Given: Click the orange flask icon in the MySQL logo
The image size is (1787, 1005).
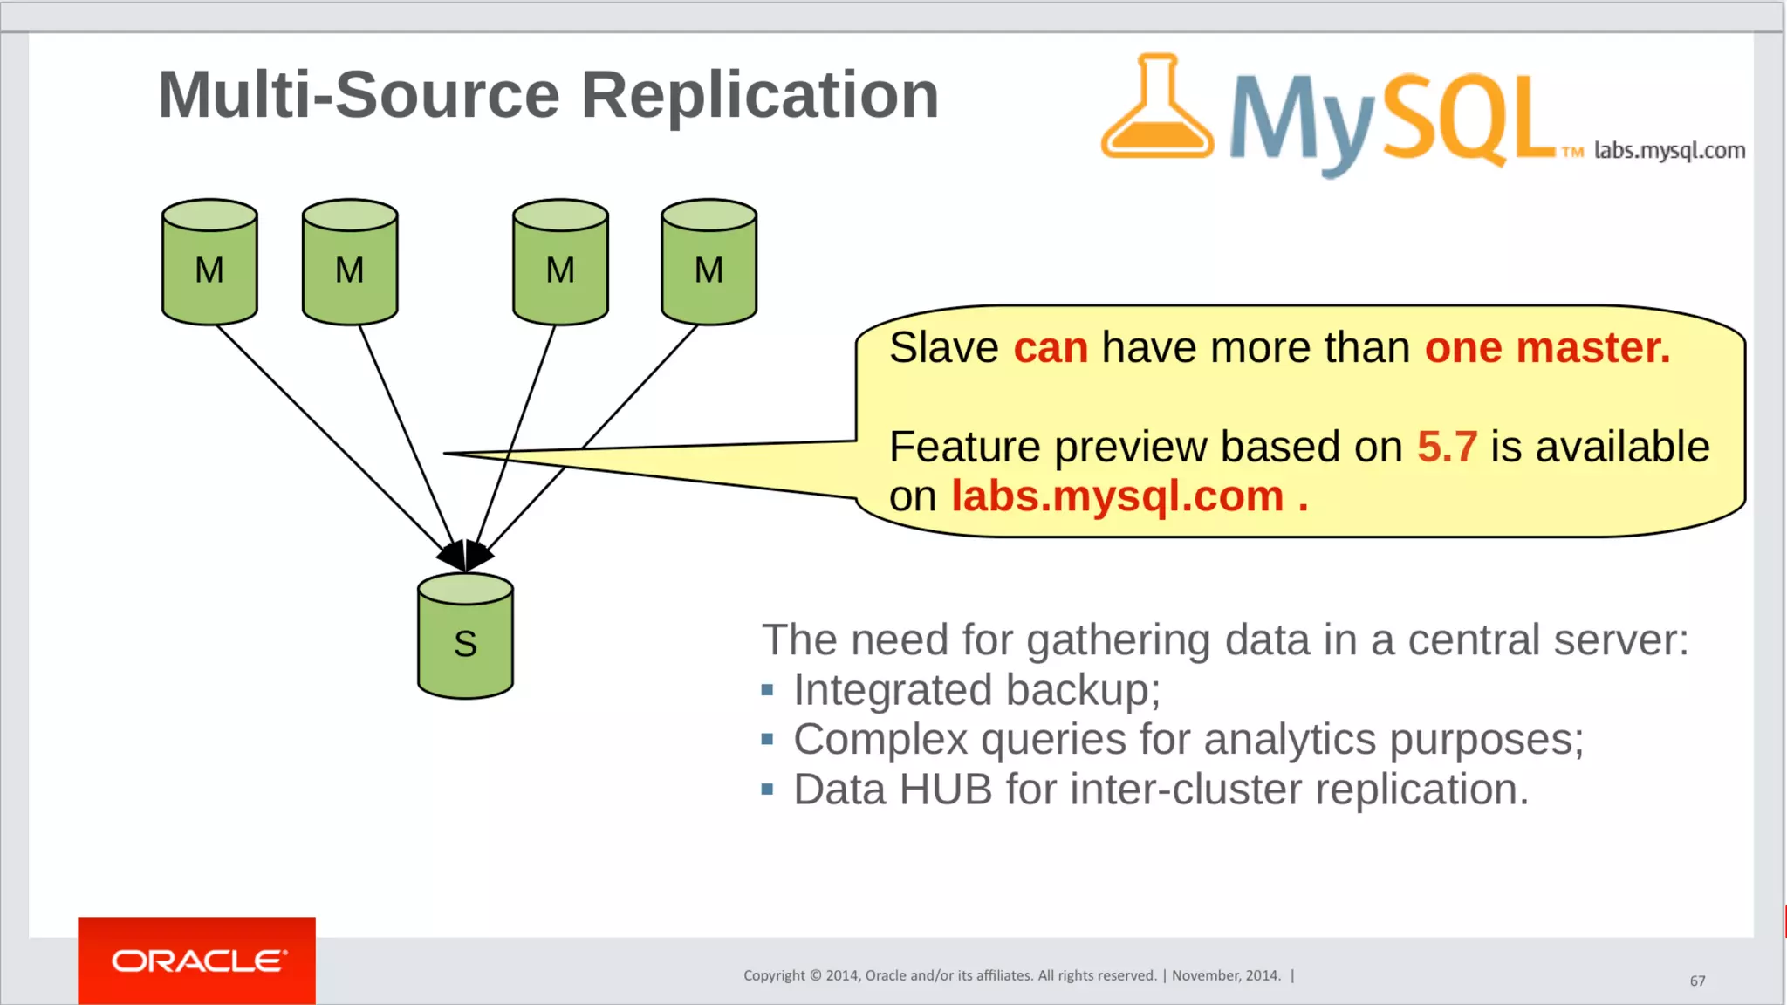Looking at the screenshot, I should coord(1157,109).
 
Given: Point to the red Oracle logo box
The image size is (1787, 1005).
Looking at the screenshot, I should coord(196,961).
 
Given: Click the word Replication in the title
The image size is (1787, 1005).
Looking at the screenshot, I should coord(759,95).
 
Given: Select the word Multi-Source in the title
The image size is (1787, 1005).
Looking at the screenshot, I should coord(359,95).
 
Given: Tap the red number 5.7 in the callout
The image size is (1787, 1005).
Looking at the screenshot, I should coord(1447,447).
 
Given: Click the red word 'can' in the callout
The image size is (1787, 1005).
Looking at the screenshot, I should coord(1051,347).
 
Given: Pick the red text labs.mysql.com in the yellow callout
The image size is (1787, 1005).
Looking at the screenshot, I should coord(1117,496).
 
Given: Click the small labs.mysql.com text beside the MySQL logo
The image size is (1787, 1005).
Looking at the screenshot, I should coord(1669,150).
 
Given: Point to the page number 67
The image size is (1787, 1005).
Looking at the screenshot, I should coord(1697,981).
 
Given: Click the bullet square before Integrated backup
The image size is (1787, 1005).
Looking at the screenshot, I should coord(767,690).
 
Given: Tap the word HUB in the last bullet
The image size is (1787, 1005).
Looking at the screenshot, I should coord(945,790).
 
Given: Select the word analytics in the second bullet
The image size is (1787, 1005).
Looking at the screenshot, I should coord(1290,740).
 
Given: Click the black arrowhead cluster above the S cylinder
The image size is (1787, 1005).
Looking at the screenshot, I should coord(465,555).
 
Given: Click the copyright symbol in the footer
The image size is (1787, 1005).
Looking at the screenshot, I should coord(815,975).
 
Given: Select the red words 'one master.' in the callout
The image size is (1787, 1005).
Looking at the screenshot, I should coord(1547,347).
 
